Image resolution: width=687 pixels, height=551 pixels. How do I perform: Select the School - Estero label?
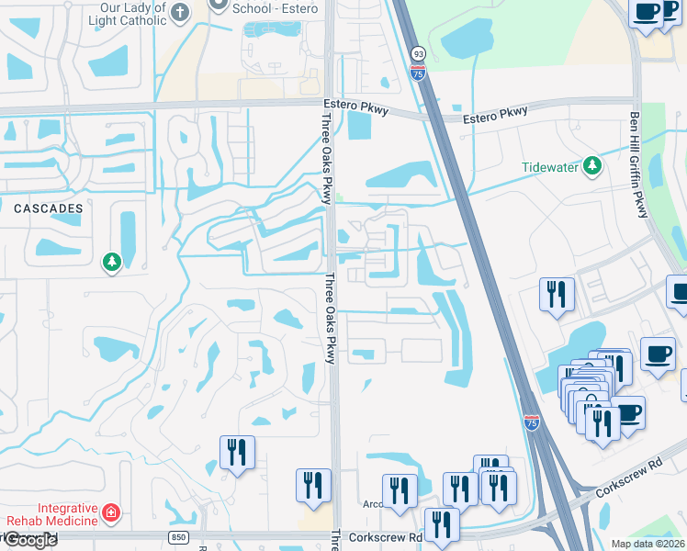[x=275, y=8]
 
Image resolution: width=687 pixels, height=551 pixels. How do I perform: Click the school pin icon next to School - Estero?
[x=218, y=6]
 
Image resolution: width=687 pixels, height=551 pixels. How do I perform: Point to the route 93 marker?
[x=417, y=55]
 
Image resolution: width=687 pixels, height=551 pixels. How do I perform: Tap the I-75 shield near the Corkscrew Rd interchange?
[x=532, y=422]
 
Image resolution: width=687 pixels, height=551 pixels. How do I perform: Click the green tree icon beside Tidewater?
[x=593, y=165]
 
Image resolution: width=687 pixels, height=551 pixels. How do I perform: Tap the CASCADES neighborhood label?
[x=48, y=208]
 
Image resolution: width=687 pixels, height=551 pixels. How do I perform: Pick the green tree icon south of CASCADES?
[x=111, y=263]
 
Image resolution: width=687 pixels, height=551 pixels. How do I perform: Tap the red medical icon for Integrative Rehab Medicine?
[x=111, y=512]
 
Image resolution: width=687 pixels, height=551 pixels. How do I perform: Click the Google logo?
[x=29, y=540]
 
